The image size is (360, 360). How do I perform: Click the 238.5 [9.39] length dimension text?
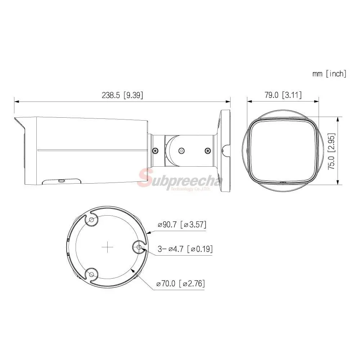pyautogui.click(x=122, y=95)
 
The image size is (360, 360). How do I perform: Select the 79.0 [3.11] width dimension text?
pyautogui.click(x=283, y=95)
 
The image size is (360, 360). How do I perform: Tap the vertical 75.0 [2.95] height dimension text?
pyautogui.click(x=331, y=151)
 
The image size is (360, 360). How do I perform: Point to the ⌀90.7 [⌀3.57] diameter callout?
pyautogui.click(x=182, y=224)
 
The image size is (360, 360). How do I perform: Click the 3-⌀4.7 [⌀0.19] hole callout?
pyautogui.click(x=185, y=249)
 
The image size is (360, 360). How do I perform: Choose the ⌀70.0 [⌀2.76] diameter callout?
pyautogui.click(x=180, y=283)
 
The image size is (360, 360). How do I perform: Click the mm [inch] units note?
pyautogui.click(x=329, y=74)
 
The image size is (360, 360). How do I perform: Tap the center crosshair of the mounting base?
pyautogui.click(x=107, y=247)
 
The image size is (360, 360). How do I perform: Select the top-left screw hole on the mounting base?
pyautogui.click(x=91, y=220)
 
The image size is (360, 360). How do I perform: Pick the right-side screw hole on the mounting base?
pyautogui.click(x=139, y=247)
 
